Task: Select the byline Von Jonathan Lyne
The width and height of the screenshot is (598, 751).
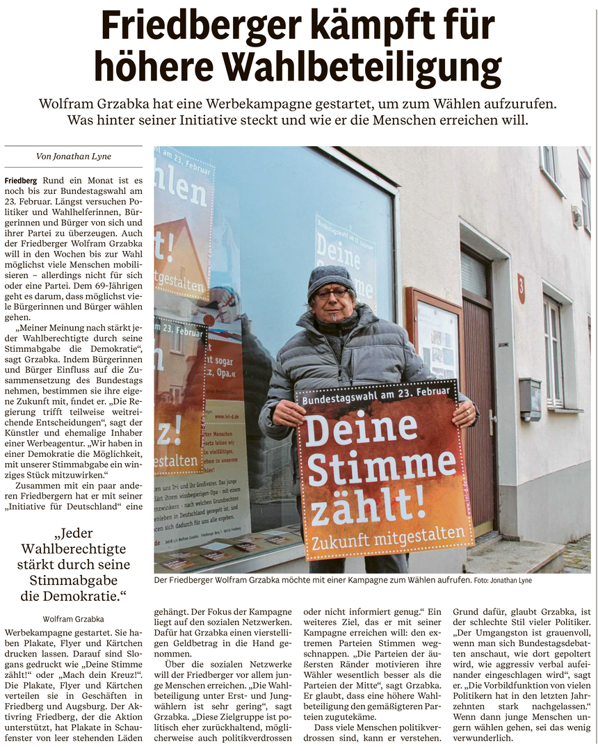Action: point(73,157)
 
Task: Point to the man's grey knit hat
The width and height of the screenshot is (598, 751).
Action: point(330,277)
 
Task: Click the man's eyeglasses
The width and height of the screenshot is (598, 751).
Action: point(333,294)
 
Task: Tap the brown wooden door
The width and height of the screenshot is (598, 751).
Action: point(478,410)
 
